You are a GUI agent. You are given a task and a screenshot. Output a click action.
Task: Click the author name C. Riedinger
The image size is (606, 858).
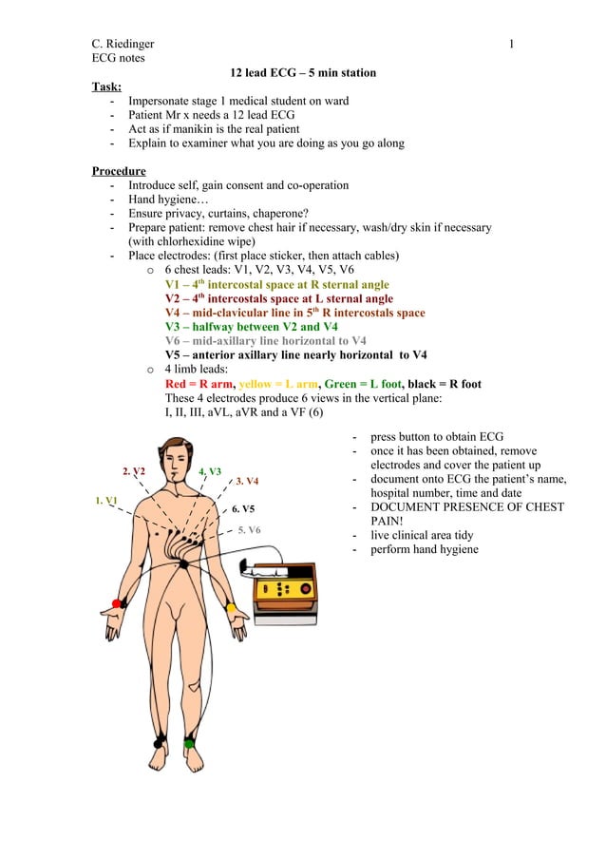(123, 44)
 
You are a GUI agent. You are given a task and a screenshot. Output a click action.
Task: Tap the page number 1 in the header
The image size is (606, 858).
(512, 44)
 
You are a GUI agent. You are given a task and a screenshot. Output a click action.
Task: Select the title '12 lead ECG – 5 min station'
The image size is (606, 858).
(303, 72)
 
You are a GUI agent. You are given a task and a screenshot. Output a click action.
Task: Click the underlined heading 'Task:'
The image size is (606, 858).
(106, 86)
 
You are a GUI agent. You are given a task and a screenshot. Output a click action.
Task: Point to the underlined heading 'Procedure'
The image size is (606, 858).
(119, 171)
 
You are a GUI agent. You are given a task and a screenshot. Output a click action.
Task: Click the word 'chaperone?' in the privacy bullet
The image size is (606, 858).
(293, 214)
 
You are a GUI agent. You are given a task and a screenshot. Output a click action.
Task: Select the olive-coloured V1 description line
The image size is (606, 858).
(276, 284)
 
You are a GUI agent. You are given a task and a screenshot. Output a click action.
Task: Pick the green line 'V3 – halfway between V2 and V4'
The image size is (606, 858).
(252, 327)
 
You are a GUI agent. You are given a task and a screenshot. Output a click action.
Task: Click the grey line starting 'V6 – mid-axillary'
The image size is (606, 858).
(266, 341)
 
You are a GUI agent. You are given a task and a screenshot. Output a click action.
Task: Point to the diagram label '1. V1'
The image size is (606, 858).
(106, 500)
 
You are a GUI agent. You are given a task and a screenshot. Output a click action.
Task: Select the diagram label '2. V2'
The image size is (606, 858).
(134, 471)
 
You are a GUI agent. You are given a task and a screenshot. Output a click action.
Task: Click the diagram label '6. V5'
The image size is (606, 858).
(243, 509)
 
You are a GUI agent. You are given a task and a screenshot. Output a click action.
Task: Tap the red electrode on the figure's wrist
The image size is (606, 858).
(117, 603)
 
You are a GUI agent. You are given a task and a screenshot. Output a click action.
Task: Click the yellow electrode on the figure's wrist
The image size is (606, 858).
(231, 607)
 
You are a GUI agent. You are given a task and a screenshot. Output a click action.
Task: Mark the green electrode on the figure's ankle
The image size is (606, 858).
(189, 742)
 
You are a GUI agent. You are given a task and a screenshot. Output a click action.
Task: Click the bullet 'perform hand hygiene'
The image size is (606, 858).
(425, 549)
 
